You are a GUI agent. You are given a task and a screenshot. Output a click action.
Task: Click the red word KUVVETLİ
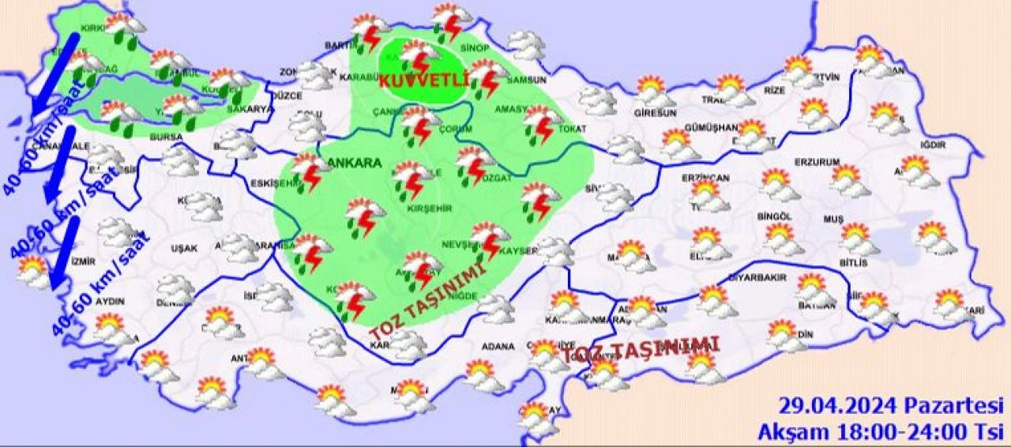pyautogui.click(x=424, y=81)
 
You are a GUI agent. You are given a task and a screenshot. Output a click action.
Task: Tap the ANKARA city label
pyautogui.click(x=354, y=163)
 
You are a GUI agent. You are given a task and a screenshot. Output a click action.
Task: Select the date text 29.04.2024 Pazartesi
pyautogui.click(x=890, y=407)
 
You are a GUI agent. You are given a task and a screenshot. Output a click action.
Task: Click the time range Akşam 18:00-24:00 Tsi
pyautogui.click(x=880, y=431)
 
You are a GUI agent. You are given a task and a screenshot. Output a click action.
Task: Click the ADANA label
pyautogui.click(x=498, y=346)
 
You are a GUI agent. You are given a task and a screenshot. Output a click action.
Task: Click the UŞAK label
pyautogui.click(x=184, y=248)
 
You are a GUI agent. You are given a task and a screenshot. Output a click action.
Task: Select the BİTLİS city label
pyautogui.click(x=854, y=262)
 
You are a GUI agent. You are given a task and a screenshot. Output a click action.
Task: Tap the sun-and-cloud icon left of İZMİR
pyautogui.click(x=34, y=271)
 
